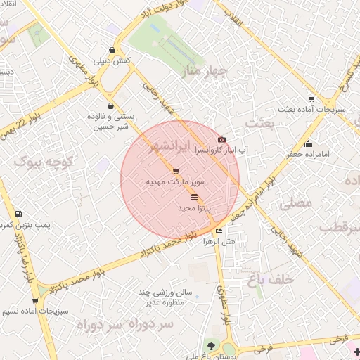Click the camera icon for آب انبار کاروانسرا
pos(222,140)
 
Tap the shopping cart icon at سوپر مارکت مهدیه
pos(175,172)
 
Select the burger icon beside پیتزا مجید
pos(194,198)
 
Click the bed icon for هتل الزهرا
pos(219,231)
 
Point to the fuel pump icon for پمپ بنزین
pos(18,214)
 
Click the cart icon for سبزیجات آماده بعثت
pos(311,98)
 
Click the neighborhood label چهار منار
pos(205,71)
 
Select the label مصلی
pos(295,204)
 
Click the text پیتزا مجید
pos(195,209)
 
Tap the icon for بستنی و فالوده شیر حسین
pos(111,105)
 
